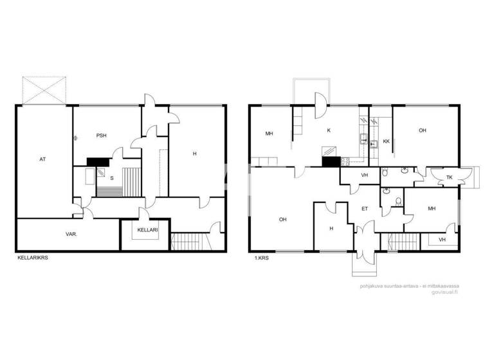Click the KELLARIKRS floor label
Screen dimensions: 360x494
click(x=34, y=257)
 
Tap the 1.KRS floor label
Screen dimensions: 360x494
click(x=261, y=257)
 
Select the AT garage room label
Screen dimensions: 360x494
click(x=42, y=159)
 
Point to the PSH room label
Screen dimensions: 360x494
click(x=101, y=136)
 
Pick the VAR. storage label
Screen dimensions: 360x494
click(x=71, y=235)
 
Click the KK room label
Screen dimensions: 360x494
click(x=386, y=141)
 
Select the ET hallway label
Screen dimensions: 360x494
click(x=364, y=208)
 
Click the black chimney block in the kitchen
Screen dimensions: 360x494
click(x=331, y=162)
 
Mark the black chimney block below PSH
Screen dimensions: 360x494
click(x=96, y=163)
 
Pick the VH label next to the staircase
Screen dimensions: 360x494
click(x=441, y=240)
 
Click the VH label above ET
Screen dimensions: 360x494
click(x=364, y=175)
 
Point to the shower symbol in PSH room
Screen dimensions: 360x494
click(x=75, y=136)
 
